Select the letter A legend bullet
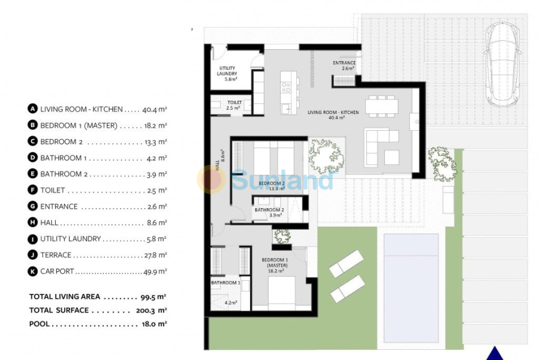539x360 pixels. (x=32, y=109)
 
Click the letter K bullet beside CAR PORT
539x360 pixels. (x=32, y=271)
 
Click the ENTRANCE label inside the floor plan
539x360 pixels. (x=344, y=63)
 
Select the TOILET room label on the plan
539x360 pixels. (x=234, y=103)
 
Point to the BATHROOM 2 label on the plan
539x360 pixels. (x=269, y=210)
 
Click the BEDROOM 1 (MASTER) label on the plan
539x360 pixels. (x=275, y=263)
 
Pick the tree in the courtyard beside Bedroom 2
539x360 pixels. (x=326, y=155)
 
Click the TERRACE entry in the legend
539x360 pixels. (x=55, y=255)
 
